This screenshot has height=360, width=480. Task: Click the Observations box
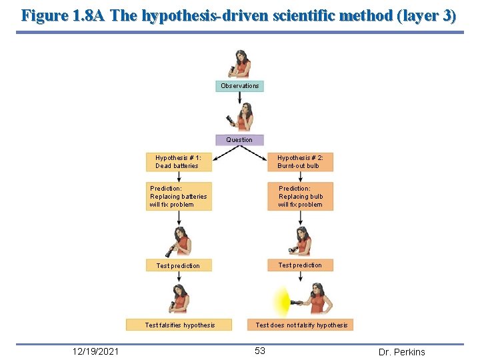tap(239, 86)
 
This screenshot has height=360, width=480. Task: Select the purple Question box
tap(239, 140)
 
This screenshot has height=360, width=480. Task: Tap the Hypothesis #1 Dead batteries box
tap(179, 162)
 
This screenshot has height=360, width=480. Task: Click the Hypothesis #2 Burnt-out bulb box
tap(300, 162)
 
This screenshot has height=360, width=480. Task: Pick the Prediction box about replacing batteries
tap(179, 197)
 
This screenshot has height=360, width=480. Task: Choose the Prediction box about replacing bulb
tap(300, 197)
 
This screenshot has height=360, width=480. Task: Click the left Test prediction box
tap(179, 265)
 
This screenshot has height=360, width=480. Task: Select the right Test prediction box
tap(300, 265)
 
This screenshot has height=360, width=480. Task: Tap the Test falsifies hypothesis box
tap(180, 325)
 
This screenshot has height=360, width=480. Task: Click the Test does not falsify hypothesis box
tap(301, 325)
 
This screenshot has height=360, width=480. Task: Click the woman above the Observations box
tap(240, 64)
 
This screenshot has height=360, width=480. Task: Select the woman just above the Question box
tap(243, 117)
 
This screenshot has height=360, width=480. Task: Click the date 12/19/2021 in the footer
tap(97, 351)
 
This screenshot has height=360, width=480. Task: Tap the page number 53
tap(259, 351)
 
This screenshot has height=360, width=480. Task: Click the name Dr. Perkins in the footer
tap(401, 352)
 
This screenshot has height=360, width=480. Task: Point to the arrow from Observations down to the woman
tap(239, 97)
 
